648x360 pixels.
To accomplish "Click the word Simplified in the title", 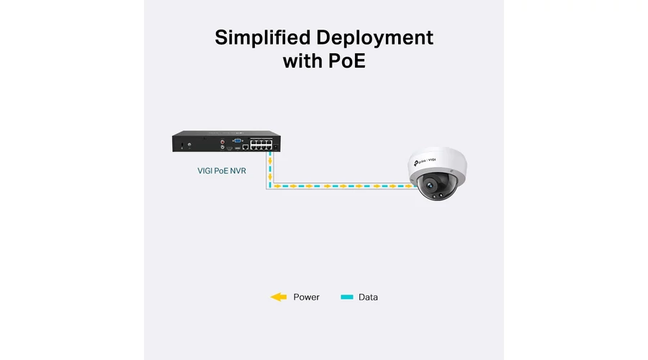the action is pos(262,37).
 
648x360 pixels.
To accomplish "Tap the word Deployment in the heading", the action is pos(375,38).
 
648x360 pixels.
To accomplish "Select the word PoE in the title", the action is pos(347,60).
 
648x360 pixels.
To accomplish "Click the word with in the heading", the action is pos(302,60).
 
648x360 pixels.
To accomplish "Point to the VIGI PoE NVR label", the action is pos(222,171).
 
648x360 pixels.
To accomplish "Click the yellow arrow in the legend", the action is pos(279,297).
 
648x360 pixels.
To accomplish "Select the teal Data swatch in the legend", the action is pos(347,297).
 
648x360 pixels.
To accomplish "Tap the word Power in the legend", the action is pos(306,297).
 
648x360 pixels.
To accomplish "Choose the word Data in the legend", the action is pos(368,297).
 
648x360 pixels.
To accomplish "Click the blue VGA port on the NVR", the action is pos(238,141).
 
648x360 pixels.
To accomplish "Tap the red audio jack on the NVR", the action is pos(222,142).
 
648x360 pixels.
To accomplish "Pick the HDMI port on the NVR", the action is pos(230,148).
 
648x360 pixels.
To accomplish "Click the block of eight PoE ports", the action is pos(261,145).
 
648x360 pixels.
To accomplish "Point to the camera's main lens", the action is pos(430,186).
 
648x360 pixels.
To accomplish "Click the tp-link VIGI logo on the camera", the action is pos(424,161).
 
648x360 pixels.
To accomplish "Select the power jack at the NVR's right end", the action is pos(276,147).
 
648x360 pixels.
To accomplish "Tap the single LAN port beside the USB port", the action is pos(246,147).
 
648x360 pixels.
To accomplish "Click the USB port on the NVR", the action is pos(238,148).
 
